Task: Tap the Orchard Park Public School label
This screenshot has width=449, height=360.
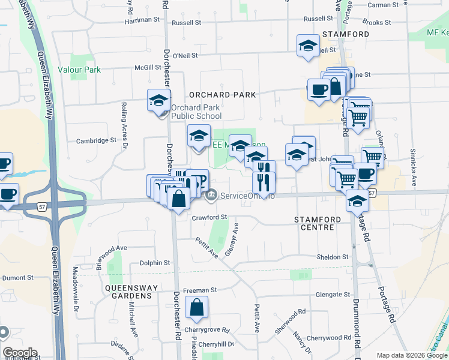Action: (196, 112)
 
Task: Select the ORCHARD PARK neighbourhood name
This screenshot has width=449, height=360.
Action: (222, 95)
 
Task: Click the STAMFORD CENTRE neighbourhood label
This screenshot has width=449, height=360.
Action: (318, 224)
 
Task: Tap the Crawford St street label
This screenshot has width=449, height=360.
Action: (209, 217)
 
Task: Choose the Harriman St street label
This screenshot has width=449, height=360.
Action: (142, 20)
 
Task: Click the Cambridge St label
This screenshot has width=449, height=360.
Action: (95, 141)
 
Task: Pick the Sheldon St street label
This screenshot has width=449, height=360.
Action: (333, 257)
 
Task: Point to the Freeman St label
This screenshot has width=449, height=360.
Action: (200, 290)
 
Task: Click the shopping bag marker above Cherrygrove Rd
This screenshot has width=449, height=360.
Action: (196, 308)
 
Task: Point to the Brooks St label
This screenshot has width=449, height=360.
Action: (377, 23)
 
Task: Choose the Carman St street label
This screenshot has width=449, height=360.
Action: (383, 5)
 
